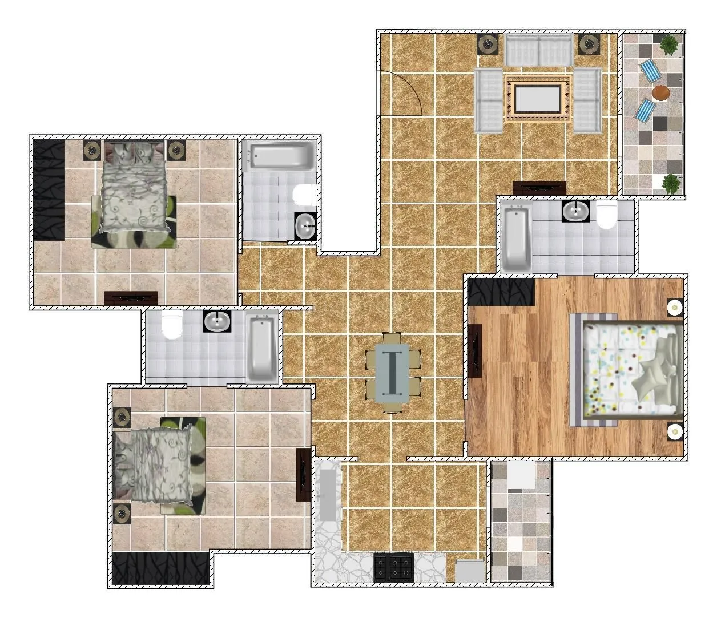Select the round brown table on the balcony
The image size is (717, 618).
tap(660, 92)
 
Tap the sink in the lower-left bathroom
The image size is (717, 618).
tap(217, 321)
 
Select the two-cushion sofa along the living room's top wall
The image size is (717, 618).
tap(538, 50)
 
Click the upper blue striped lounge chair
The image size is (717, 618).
tap(649, 71)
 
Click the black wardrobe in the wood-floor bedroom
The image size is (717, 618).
tap(501, 290)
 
